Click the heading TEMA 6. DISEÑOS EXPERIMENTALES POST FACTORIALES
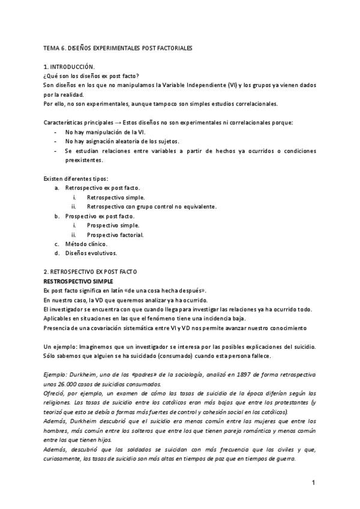click(x=118, y=47)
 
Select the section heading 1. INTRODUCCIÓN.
click(x=69, y=67)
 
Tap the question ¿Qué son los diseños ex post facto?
click(x=91, y=76)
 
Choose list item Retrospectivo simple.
click(x=115, y=197)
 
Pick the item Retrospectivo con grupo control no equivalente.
click(x=151, y=206)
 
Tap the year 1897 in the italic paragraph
click(x=240, y=374)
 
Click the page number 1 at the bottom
click(x=313, y=482)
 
